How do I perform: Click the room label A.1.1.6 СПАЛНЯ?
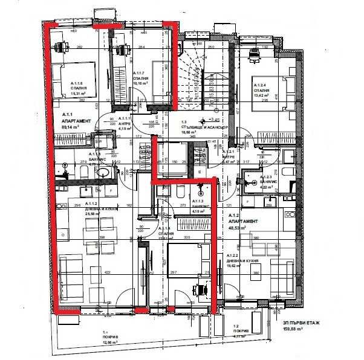pyautogui.click(x=81, y=88)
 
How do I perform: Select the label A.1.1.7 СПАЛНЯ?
pyautogui.click(x=141, y=78)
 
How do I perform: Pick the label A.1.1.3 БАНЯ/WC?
pyautogui.click(x=200, y=205)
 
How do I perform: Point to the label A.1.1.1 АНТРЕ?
pyautogui.click(x=125, y=123)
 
